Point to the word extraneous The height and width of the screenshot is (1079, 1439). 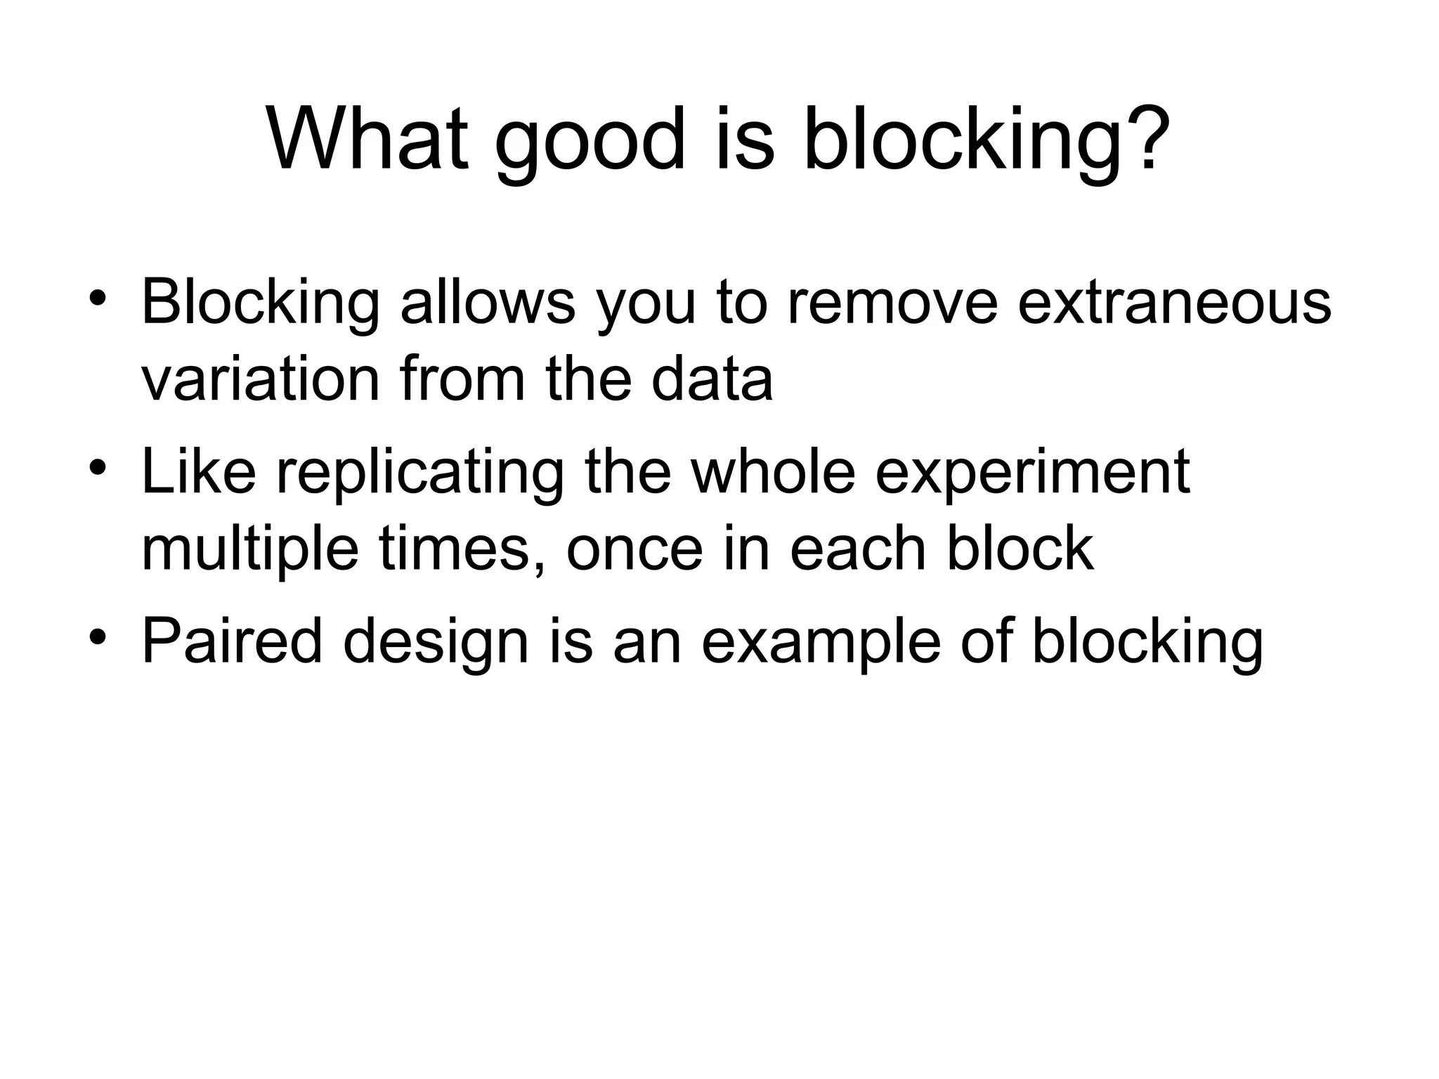pos(1173,303)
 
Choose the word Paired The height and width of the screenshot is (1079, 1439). pos(232,641)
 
